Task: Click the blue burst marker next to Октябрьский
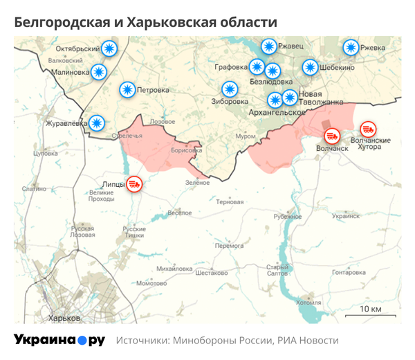tap(109, 49)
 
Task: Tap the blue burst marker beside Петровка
tap(127, 90)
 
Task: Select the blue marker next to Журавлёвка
tap(97, 123)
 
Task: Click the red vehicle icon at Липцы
tap(135, 184)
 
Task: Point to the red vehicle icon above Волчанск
tap(332, 135)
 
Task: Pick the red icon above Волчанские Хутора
tap(368, 129)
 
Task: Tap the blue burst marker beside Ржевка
tap(351, 48)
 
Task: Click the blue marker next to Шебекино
tap(310, 68)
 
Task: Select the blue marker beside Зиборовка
tap(229, 89)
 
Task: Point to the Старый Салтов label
tap(277, 271)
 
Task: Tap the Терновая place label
tap(230, 202)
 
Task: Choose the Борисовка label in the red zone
tap(185, 150)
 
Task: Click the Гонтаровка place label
tap(348, 272)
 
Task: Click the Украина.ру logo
tap(59, 340)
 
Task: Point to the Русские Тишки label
tap(134, 232)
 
